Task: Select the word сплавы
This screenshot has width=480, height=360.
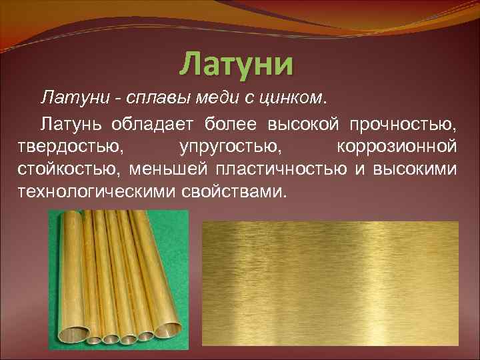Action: click(x=146, y=99)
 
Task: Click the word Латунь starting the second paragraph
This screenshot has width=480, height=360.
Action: click(x=71, y=123)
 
